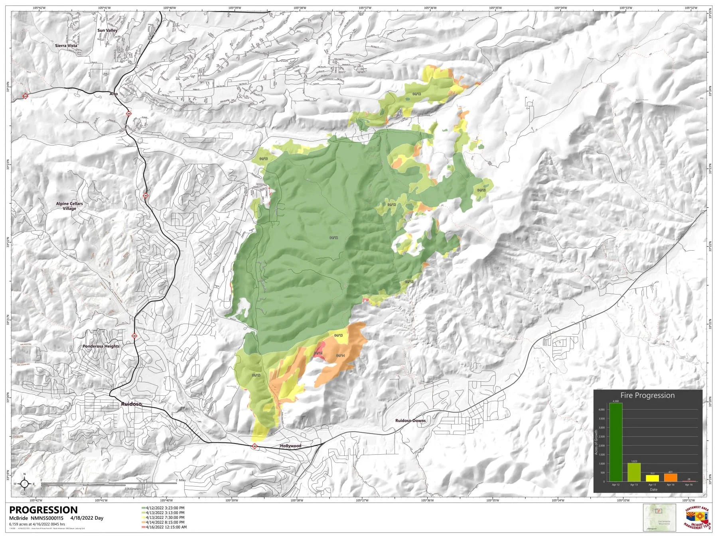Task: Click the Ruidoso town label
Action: coord(131,404)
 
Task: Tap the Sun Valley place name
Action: coord(107,30)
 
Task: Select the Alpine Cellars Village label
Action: coord(69,206)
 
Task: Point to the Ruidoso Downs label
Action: coord(410,420)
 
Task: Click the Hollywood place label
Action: coord(290,446)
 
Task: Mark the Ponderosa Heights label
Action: coord(101,346)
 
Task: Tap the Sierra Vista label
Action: coord(66,45)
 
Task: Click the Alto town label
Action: coord(114,94)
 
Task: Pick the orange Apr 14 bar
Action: coord(671,477)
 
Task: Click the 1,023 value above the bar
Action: coord(634,461)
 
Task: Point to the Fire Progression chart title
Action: coord(647,395)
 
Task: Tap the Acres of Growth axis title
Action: coord(597,442)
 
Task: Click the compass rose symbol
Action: coord(25,484)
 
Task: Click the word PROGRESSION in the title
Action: coord(43,510)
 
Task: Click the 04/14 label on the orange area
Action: coord(340,355)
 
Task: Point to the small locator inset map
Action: coord(659,517)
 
